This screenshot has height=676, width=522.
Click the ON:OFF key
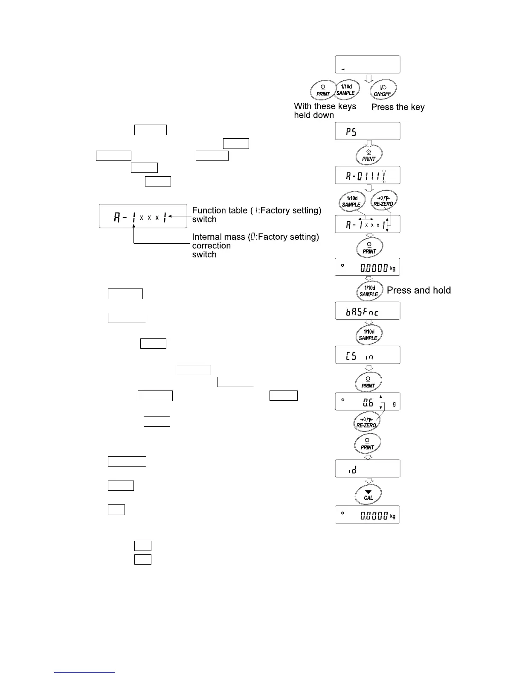pos(383,90)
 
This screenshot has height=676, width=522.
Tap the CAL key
pos(368,495)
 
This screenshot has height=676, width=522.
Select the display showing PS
pos(368,131)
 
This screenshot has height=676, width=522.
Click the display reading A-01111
pos(368,175)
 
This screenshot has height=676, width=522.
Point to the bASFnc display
pos(368,311)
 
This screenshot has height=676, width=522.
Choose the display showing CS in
pos(368,355)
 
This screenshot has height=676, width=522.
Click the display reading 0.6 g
pos(368,402)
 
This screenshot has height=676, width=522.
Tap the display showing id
pos(368,469)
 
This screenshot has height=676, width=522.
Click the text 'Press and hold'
pos(418,291)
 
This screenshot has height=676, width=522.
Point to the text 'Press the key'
pos(397,107)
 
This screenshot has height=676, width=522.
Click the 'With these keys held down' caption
pos(325,111)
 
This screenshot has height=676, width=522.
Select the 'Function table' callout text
pos(256,215)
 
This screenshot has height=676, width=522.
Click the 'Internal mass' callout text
pos(255,245)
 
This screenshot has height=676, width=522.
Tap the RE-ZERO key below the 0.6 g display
pos(366,422)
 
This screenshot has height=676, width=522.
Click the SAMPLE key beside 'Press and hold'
pos(368,291)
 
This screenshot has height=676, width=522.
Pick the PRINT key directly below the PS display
pos(368,155)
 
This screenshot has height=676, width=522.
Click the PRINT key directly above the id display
pos(367,444)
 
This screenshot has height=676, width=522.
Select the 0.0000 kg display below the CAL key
pos(368,515)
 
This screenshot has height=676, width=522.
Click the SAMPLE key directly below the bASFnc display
pos(368,335)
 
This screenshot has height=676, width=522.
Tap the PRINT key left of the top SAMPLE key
pos(323,90)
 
